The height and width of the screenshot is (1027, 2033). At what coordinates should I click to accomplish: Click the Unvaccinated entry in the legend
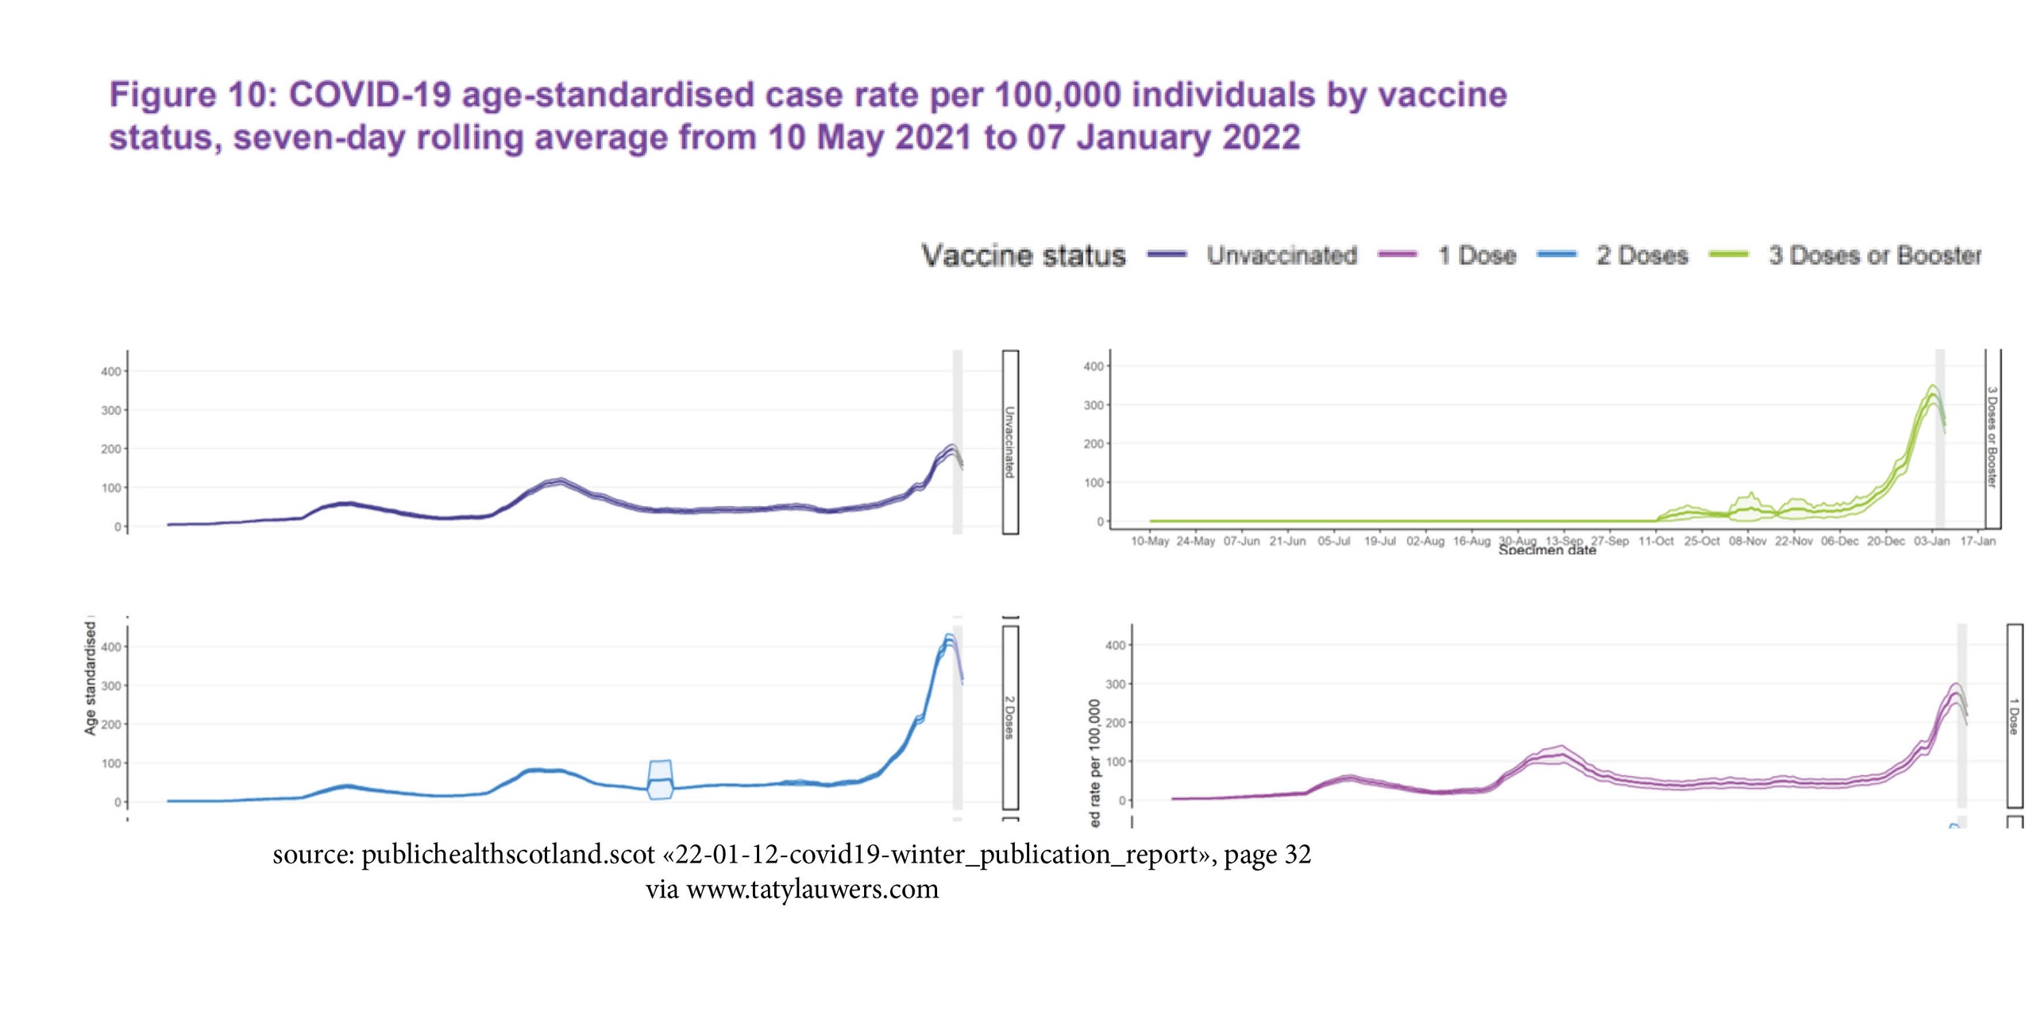coord(1281,255)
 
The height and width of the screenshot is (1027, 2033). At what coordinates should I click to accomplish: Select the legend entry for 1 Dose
coord(1476,255)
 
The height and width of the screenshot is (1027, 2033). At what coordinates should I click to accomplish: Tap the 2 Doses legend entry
coord(1641,255)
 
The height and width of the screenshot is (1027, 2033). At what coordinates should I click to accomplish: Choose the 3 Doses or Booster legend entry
coord(1874,255)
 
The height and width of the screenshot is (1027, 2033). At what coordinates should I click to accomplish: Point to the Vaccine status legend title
coord(1023,255)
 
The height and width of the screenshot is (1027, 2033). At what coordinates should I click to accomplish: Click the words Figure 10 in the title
coord(162,95)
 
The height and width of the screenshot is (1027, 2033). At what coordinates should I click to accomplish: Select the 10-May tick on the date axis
coord(1149,541)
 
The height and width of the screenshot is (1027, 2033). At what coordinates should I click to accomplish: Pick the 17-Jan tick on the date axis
coord(1977,541)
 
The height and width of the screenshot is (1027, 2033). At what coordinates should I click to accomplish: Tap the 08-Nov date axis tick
coord(1747,541)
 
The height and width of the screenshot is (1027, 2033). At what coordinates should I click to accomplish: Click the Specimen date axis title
coord(1547,550)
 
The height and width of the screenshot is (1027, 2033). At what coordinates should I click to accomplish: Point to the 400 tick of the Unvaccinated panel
coord(111,371)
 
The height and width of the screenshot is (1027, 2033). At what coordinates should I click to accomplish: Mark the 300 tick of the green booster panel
coord(1094,405)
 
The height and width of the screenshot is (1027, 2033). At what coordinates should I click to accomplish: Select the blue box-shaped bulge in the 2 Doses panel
coord(661,779)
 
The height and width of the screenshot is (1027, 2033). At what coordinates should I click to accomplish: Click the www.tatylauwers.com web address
coord(812,889)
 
